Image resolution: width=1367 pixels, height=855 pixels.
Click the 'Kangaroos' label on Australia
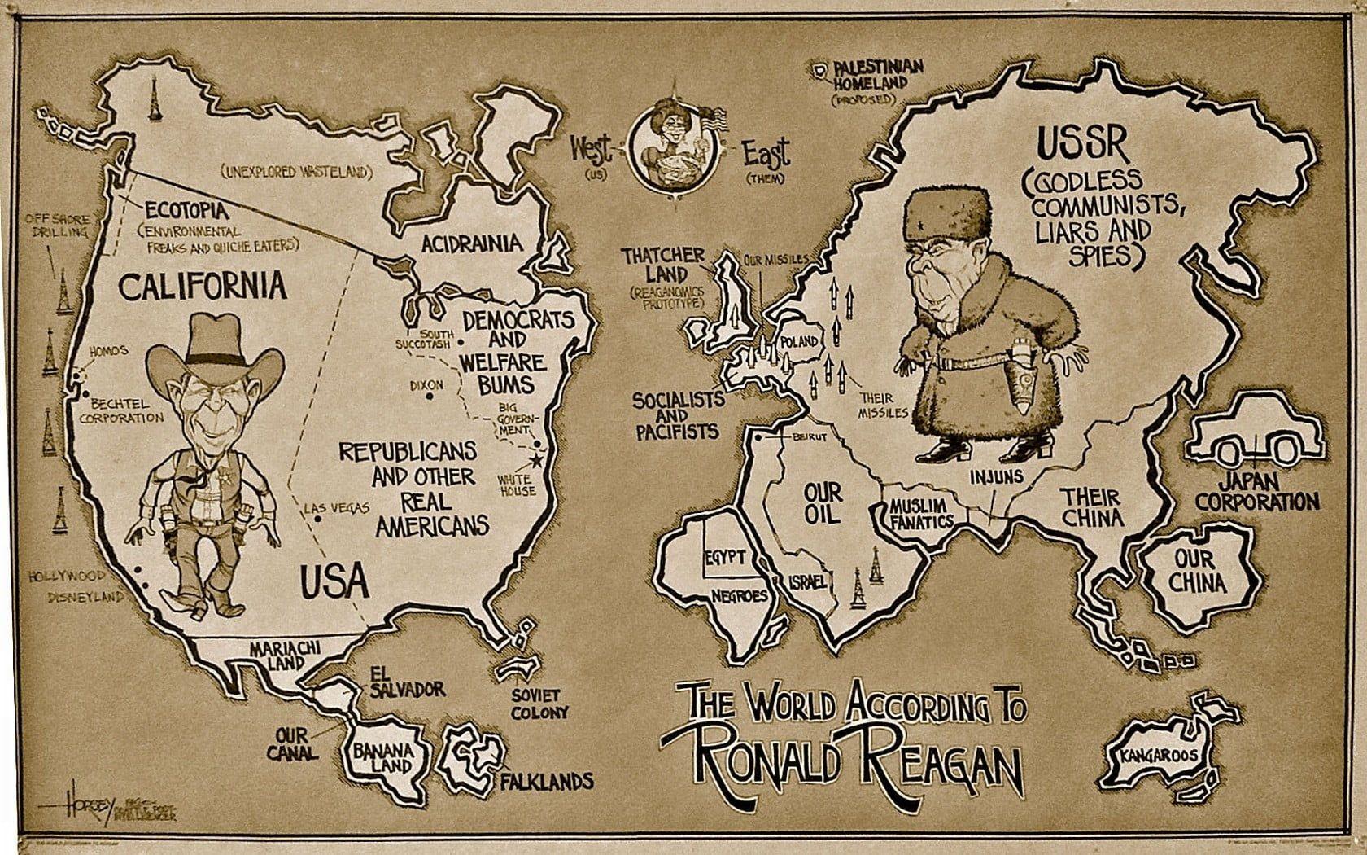1159,756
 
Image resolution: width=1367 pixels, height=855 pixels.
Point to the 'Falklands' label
546,782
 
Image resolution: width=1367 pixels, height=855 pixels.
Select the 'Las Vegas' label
337,508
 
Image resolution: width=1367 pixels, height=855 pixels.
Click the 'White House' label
518,484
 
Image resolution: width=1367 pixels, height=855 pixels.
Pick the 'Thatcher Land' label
664,265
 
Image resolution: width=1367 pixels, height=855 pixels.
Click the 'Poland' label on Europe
798,342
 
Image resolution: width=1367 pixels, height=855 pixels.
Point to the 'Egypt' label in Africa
726,558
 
